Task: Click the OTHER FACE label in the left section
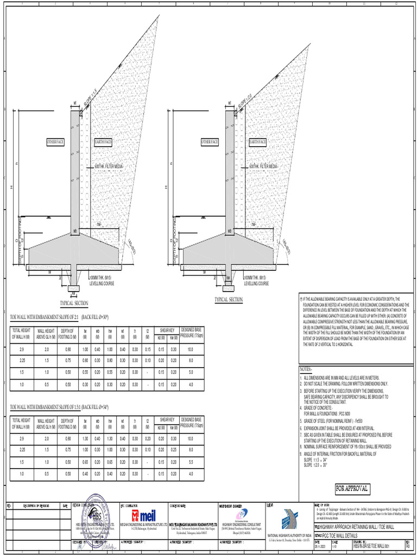[x=55, y=142]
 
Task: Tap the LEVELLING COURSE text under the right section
[x=257, y=283]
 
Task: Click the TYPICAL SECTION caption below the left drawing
[x=74, y=304]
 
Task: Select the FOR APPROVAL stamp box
[x=352, y=488]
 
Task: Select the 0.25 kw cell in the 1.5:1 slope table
[x=174, y=449]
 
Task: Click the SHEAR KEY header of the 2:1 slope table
[x=167, y=330]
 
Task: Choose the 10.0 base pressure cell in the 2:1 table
[x=191, y=349]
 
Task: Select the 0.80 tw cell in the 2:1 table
[x=86, y=360]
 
